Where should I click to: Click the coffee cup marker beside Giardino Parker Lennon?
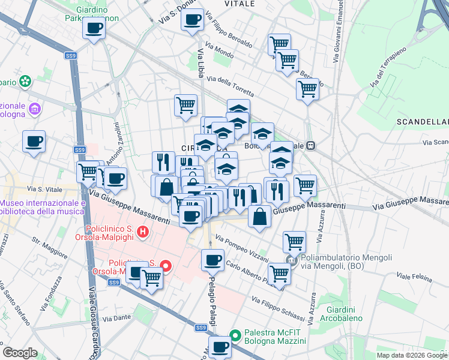click(x=94, y=28)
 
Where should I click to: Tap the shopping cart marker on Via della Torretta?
click(x=307, y=89)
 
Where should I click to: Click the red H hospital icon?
click(x=142, y=231)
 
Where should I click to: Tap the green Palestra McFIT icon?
click(x=236, y=335)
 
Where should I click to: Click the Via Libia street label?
click(x=199, y=63)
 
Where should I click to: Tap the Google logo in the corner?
click(x=20, y=352)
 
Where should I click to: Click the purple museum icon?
click(x=35, y=109)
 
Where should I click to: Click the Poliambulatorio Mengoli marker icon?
click(x=292, y=261)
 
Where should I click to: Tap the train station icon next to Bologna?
click(x=311, y=145)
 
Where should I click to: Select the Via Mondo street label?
click(x=219, y=53)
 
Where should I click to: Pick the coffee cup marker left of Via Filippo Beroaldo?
click(x=193, y=20)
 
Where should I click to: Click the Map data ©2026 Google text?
click(x=411, y=355)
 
